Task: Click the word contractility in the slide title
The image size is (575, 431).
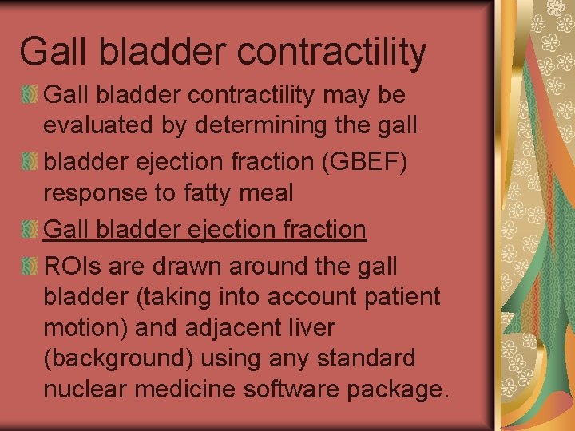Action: [x=331, y=52]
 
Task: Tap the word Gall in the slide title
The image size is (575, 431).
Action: [x=49, y=52]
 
